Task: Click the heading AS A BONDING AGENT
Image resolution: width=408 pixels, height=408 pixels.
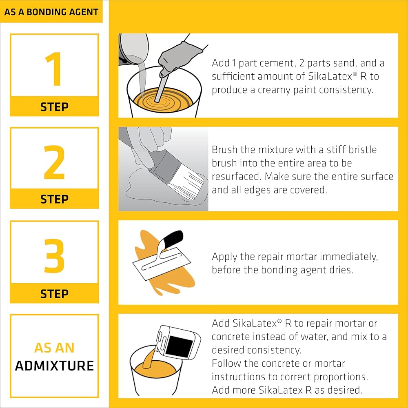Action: point(51,12)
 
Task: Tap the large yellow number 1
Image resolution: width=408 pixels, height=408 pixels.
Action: point(54,69)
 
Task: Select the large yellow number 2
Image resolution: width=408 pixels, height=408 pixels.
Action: point(54,162)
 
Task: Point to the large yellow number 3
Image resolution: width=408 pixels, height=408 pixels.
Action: point(54,256)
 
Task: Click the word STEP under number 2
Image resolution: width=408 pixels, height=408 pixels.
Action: point(54,200)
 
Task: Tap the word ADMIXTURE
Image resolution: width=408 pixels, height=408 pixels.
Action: point(54,366)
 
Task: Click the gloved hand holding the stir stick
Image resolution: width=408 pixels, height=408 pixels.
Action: point(180,57)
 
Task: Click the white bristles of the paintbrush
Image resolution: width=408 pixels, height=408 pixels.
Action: point(186,185)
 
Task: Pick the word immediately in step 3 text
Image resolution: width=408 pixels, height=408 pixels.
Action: point(349,257)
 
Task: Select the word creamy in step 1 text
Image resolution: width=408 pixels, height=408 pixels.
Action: point(274,90)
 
